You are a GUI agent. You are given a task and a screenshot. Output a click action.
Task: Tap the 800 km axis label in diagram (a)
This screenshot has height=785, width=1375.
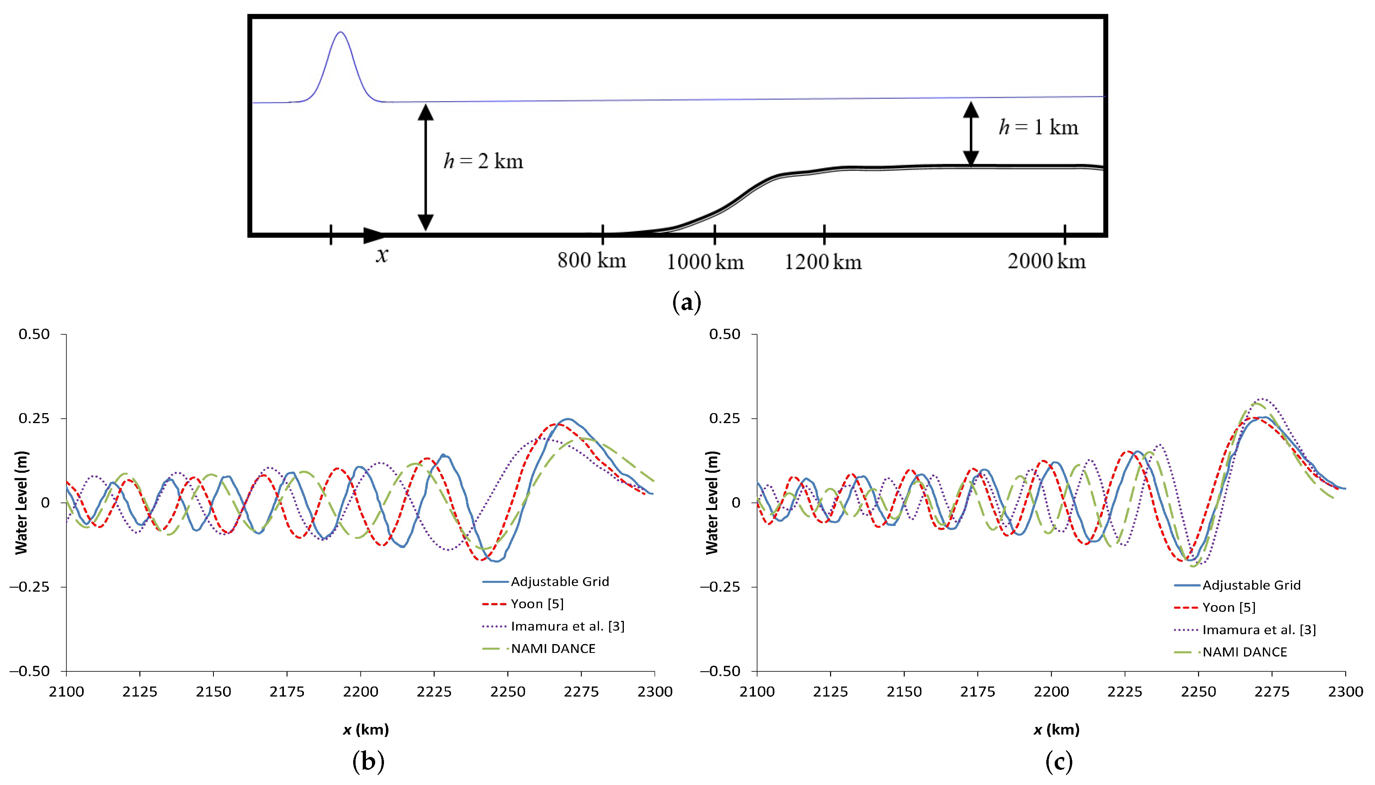click(x=591, y=261)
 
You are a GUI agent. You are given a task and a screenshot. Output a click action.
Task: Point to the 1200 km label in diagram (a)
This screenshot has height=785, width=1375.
click(x=822, y=262)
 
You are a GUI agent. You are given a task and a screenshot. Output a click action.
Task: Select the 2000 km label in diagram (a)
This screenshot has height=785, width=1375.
click(x=1046, y=261)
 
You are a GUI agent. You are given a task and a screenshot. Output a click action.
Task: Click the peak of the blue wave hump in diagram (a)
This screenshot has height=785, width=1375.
click(x=340, y=32)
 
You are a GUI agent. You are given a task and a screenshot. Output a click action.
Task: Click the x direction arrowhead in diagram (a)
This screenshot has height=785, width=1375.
click(x=374, y=235)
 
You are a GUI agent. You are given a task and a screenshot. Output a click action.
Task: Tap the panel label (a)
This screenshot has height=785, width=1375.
click(x=686, y=303)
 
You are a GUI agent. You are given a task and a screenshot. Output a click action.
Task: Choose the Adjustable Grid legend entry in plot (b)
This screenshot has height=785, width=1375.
click(x=560, y=582)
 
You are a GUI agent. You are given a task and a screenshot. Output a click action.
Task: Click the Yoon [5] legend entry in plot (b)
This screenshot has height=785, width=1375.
click(x=537, y=604)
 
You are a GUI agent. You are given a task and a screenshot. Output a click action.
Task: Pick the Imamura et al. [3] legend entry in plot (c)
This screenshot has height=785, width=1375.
click(x=1258, y=630)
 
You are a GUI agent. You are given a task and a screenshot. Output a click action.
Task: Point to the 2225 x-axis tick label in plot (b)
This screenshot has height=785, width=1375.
click(x=434, y=692)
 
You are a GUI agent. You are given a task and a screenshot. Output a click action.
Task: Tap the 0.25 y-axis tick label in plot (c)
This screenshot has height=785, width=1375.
click(x=724, y=418)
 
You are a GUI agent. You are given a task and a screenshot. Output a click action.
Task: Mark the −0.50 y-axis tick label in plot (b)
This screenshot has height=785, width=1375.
click(x=30, y=671)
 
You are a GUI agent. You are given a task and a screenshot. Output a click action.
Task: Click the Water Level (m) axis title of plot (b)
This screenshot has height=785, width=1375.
click(x=21, y=502)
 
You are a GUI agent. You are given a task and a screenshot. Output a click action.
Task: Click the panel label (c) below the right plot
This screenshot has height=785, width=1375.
click(x=1059, y=762)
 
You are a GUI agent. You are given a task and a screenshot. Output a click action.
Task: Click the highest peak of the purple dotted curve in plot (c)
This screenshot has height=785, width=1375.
click(x=1262, y=400)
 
